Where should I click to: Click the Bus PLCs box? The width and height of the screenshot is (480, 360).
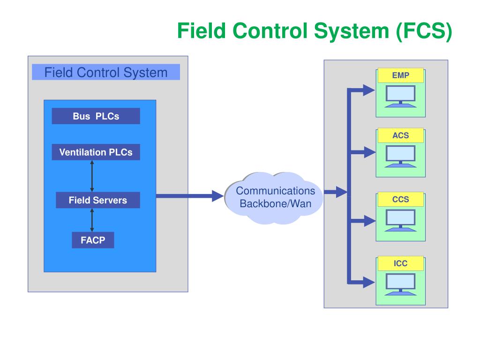click(96, 116)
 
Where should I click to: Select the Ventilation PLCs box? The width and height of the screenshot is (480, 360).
click(96, 152)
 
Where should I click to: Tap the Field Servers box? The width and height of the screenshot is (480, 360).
click(98, 200)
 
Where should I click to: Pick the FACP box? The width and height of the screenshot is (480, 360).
click(93, 240)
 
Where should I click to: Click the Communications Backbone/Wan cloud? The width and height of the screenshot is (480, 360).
click(274, 198)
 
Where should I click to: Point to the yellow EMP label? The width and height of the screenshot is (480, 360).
click(401, 75)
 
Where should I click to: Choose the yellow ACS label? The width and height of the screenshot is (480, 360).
click(401, 135)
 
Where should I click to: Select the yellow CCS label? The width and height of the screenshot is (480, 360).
click(401, 199)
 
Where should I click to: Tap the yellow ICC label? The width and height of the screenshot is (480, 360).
click(401, 263)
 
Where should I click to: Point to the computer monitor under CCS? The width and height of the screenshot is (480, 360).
click(400, 220)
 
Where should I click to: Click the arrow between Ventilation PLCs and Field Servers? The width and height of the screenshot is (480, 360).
click(92, 176)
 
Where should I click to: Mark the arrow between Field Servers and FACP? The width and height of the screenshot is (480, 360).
click(92, 220)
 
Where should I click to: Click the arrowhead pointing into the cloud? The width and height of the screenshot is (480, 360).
click(217, 196)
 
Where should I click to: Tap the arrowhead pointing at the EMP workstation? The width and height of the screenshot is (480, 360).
click(369, 90)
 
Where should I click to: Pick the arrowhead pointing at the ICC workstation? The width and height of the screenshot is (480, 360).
click(369, 282)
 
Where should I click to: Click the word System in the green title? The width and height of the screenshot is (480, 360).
click(352, 31)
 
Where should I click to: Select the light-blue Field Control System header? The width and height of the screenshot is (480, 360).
click(106, 72)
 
